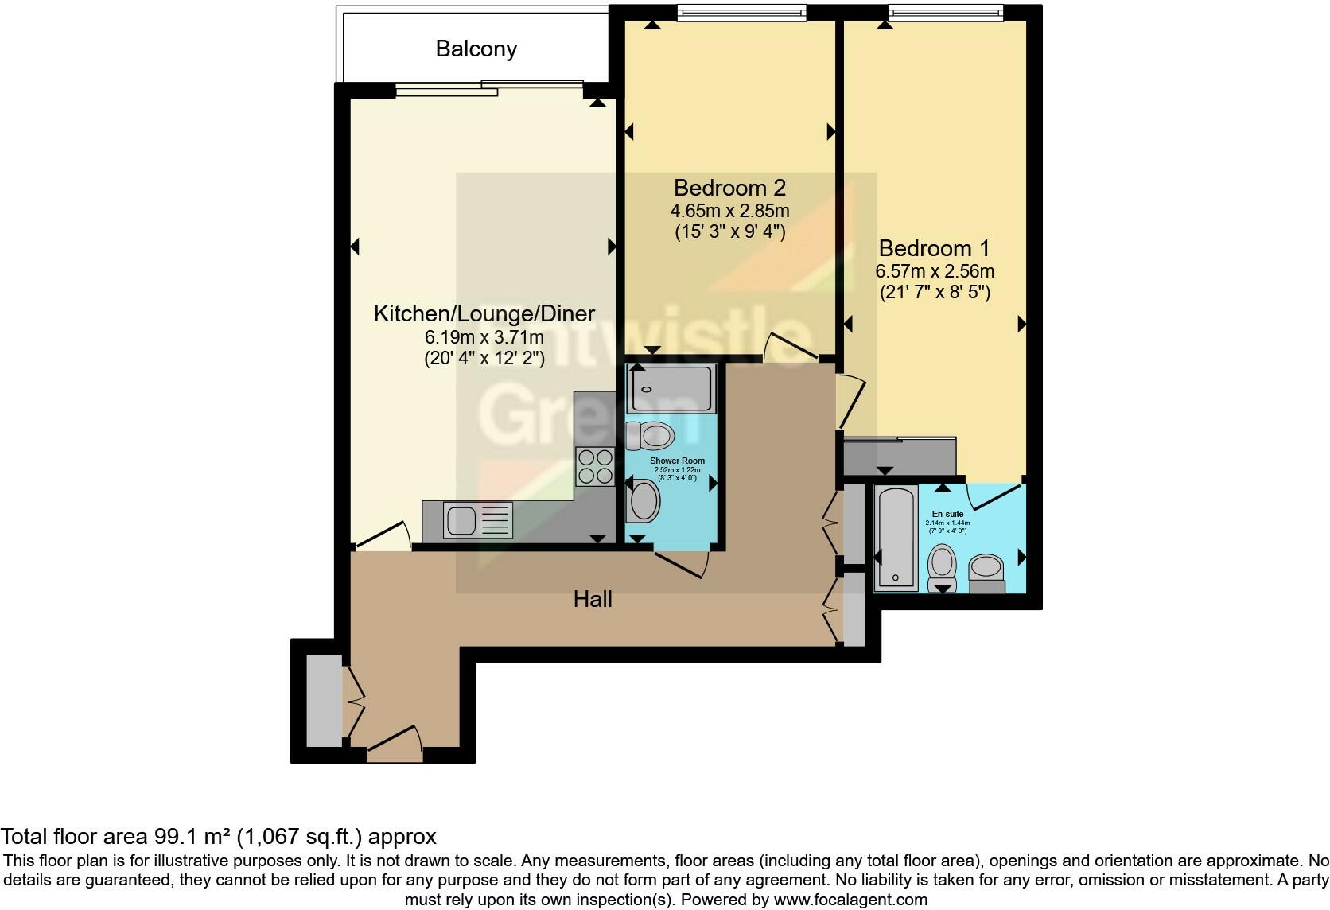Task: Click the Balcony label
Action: point(476,49)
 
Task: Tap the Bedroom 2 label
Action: point(729,188)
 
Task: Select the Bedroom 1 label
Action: point(935,248)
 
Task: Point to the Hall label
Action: point(593,599)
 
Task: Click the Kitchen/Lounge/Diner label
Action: point(484,313)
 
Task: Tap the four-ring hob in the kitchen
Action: point(596,466)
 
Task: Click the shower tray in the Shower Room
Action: point(671,388)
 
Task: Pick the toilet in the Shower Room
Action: point(651,435)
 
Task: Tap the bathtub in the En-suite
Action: point(896,539)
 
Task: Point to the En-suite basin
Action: point(987,568)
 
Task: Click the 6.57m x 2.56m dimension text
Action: point(935,271)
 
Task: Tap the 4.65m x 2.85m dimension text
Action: point(729,211)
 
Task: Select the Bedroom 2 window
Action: point(741,13)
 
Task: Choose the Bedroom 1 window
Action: point(945,13)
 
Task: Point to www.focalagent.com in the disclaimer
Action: point(850,900)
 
